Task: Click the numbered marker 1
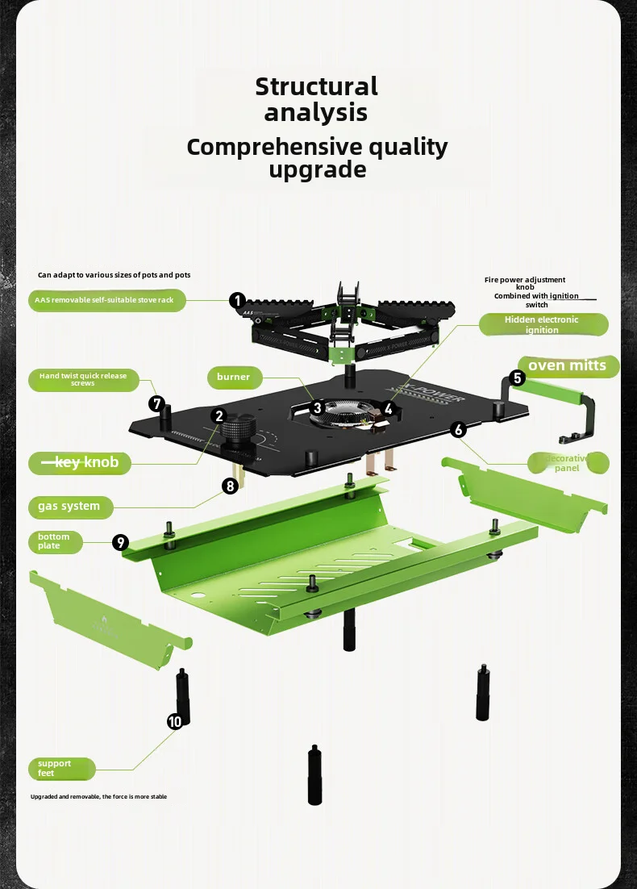[237, 301]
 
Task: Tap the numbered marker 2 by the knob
[219, 416]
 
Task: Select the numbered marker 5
[518, 377]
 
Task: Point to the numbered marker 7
[157, 403]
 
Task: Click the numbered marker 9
[120, 542]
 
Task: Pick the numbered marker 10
[175, 721]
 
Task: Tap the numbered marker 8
[231, 486]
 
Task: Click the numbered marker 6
[459, 430]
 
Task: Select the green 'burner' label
[233, 377]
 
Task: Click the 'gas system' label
[69, 507]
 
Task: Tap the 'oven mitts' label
[567, 366]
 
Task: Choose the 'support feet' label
[61, 769]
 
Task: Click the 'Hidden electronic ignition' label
[542, 324]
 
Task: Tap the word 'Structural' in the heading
[316, 86]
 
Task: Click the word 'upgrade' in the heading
[317, 170]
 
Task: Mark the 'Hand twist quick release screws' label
[83, 380]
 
